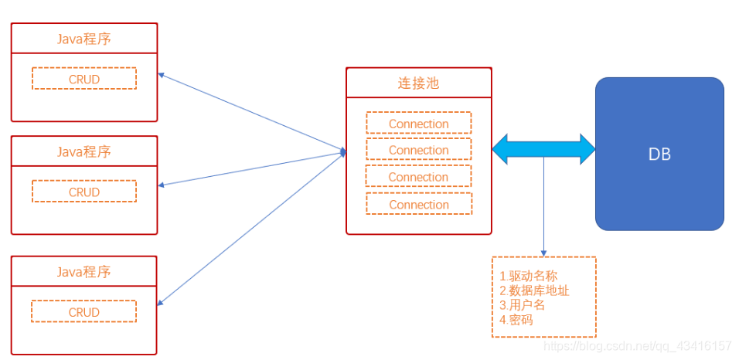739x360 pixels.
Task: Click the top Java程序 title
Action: pyautogui.click(x=83, y=39)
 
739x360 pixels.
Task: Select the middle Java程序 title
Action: pyautogui.click(x=83, y=151)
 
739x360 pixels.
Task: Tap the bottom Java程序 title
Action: pyautogui.click(x=83, y=272)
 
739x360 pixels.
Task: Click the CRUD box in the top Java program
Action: pyautogui.click(x=83, y=79)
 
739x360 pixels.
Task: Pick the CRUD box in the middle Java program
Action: pyautogui.click(x=83, y=192)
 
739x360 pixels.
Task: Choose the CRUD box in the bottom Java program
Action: pyautogui.click(x=83, y=312)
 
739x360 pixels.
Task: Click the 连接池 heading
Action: pyautogui.click(x=418, y=83)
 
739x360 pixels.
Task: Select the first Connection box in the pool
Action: pyautogui.click(x=418, y=124)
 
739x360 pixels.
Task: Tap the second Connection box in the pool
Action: pyautogui.click(x=418, y=150)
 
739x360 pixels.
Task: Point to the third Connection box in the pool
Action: pyautogui.click(x=418, y=177)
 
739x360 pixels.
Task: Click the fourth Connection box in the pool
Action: pyautogui.click(x=418, y=205)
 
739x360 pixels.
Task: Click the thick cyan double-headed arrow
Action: pyautogui.click(x=543, y=148)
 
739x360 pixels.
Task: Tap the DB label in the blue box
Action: pyautogui.click(x=659, y=155)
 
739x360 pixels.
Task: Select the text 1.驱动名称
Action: pyautogui.click(x=528, y=276)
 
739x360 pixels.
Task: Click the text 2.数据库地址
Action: pyautogui.click(x=534, y=290)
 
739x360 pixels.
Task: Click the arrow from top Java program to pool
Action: pyautogui.click(x=251, y=113)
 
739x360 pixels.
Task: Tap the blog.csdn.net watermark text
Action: pyautogui.click(x=637, y=346)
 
